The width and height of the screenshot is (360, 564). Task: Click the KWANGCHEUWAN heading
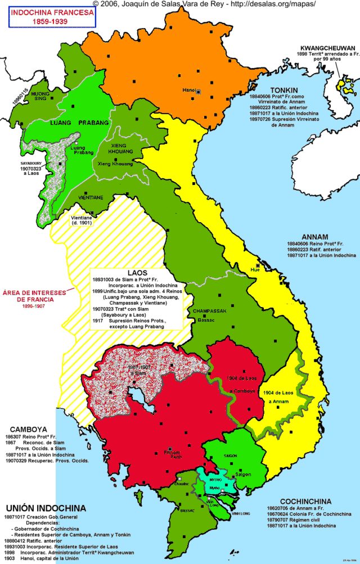tap(328, 48)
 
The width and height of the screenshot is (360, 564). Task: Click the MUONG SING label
tap(40, 96)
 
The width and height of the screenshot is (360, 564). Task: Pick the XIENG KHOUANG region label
tap(115, 148)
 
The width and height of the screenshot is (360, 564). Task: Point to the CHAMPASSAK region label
tap(209, 311)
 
